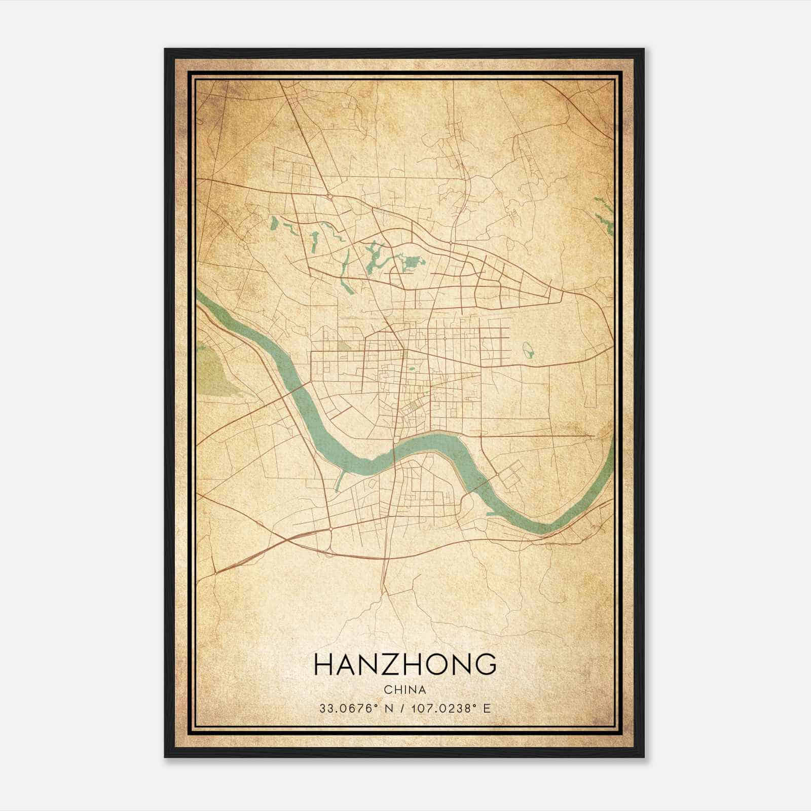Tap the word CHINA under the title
pyautogui.click(x=405, y=690)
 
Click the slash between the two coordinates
pyautogui.click(x=401, y=709)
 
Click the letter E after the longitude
pyautogui.click(x=487, y=709)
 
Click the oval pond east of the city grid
pyautogui.click(x=528, y=349)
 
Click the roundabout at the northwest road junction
pyautogui.click(x=329, y=196)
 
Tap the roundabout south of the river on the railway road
pyautogui.click(x=330, y=529)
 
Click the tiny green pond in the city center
pyautogui.click(x=412, y=369)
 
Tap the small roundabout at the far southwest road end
pyautogui.click(x=215, y=572)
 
